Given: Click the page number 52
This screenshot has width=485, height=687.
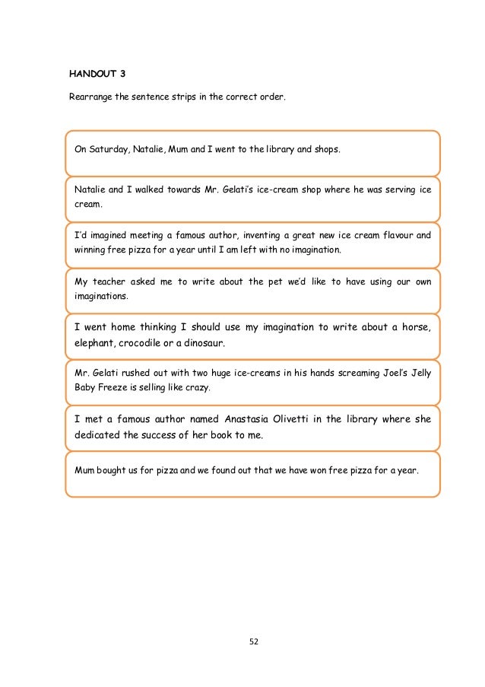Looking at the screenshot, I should tap(254, 641).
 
